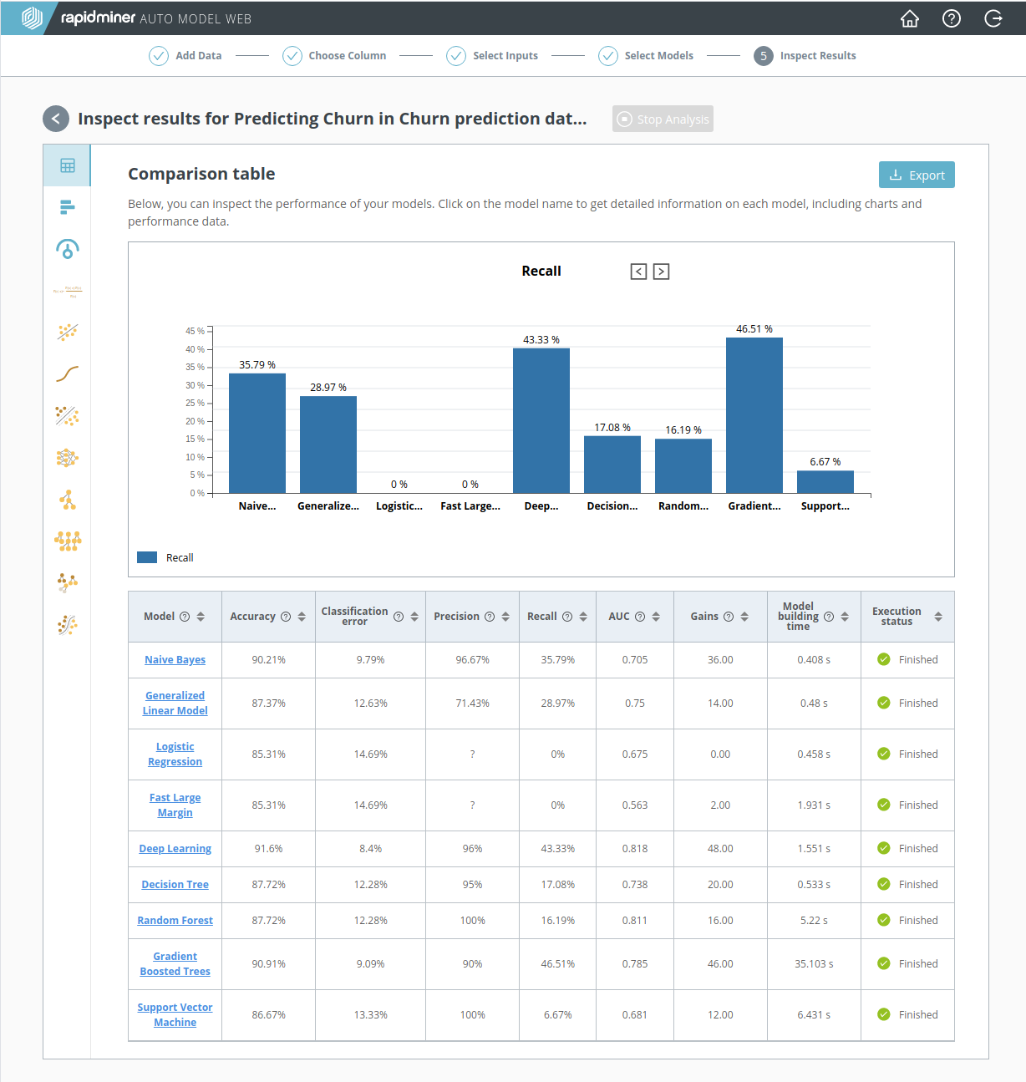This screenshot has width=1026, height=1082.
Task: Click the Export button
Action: pyautogui.click(x=917, y=175)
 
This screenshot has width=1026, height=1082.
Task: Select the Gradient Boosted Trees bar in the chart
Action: pyautogui.click(x=754, y=415)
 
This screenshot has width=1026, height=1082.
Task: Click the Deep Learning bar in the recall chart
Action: pyautogui.click(x=541, y=420)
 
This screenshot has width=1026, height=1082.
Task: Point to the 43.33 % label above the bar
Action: pyautogui.click(x=541, y=340)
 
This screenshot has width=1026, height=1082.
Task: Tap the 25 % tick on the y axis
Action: pyautogui.click(x=195, y=403)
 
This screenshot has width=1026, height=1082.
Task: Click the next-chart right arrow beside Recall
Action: pyautogui.click(x=661, y=272)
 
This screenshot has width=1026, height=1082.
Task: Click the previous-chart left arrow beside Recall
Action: pyautogui.click(x=638, y=272)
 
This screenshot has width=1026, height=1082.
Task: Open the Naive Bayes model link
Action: pyautogui.click(x=175, y=660)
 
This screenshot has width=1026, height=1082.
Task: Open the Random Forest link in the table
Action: pyautogui.click(x=175, y=921)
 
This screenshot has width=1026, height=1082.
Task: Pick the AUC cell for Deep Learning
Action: pyautogui.click(x=635, y=849)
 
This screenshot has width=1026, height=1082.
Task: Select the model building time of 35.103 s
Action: pyautogui.click(x=814, y=964)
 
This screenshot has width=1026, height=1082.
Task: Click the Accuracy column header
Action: pyautogui.click(x=252, y=617)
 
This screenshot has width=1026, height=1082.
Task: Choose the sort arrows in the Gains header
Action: pyautogui.click(x=744, y=617)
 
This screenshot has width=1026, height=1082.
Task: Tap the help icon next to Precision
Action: pyautogui.click(x=490, y=617)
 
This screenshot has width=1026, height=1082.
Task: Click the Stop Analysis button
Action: pyautogui.click(x=663, y=119)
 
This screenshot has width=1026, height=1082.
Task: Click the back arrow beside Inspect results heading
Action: pyautogui.click(x=56, y=119)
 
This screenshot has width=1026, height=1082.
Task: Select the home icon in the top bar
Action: pyautogui.click(x=910, y=18)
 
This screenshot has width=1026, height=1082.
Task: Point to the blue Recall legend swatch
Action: pyautogui.click(x=147, y=557)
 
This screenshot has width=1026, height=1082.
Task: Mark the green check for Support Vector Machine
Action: pyautogui.click(x=883, y=1014)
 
